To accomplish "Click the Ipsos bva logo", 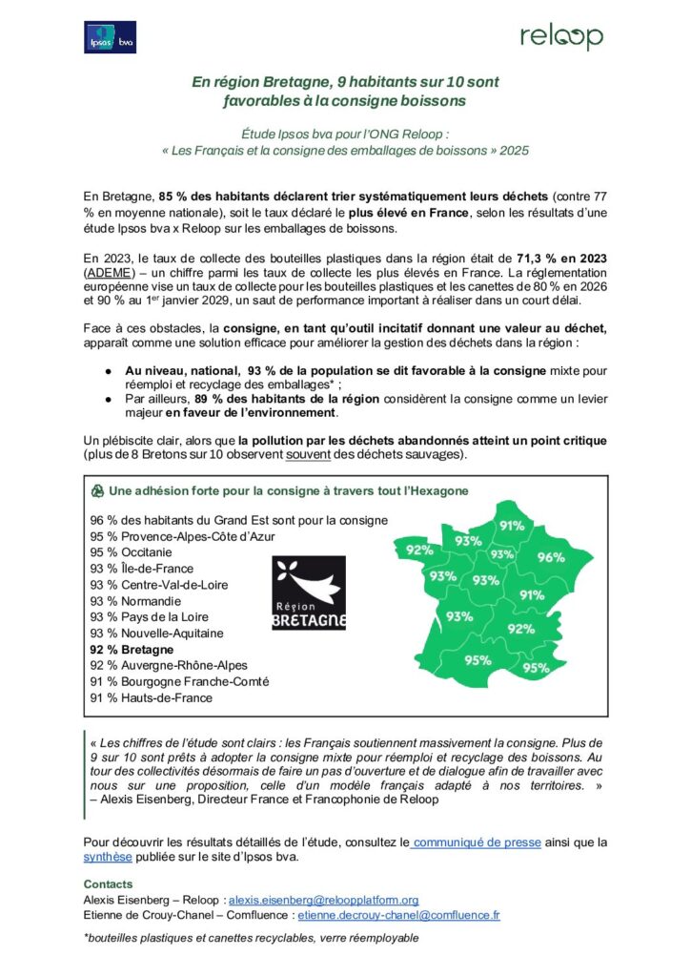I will tap(111, 37).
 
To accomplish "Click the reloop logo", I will tap(560, 37).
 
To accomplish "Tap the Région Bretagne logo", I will tap(310, 593).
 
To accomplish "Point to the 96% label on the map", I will tap(551, 557).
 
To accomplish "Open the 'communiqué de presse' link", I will tap(478, 842).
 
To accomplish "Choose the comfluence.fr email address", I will tap(398, 914).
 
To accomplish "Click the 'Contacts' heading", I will tap(108, 884).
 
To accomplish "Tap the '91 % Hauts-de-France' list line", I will tap(152, 697).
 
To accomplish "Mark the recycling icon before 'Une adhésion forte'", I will tap(95, 491).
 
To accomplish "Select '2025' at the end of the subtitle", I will tap(511, 151).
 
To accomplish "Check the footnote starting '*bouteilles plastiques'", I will tap(252, 939).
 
